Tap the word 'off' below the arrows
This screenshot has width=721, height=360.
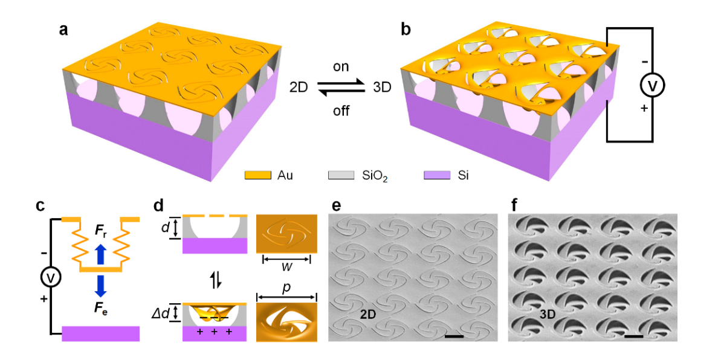pyautogui.click(x=341, y=111)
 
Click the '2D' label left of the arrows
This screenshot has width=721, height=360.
pyautogui.click(x=300, y=88)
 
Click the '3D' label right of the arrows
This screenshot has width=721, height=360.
pyautogui.click(x=382, y=88)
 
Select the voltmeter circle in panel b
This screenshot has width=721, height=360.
pyautogui.click(x=653, y=86)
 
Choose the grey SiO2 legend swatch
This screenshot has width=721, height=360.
pyautogui.click(x=340, y=175)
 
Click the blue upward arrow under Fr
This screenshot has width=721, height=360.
pyautogui.click(x=101, y=254)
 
